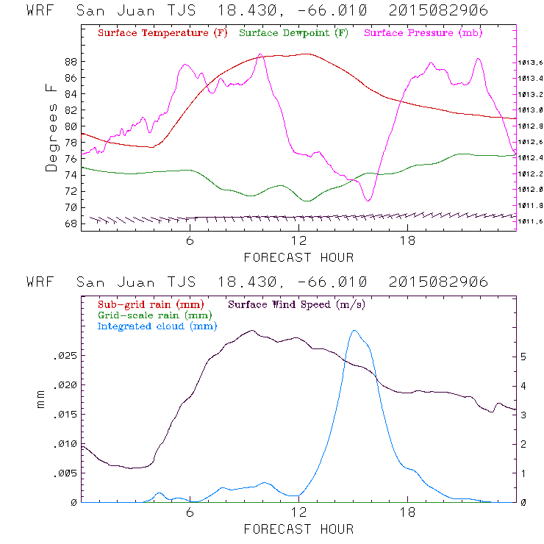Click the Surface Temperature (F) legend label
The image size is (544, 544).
(x=162, y=34)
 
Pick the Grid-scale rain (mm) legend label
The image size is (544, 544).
(x=153, y=315)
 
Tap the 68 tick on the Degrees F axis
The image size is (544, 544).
(x=71, y=223)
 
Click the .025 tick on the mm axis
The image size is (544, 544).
(x=65, y=356)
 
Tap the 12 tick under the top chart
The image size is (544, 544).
(x=298, y=241)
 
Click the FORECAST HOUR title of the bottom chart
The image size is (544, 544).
(x=298, y=529)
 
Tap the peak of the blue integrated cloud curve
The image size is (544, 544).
(x=355, y=331)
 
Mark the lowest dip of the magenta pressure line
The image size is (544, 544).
(x=368, y=200)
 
